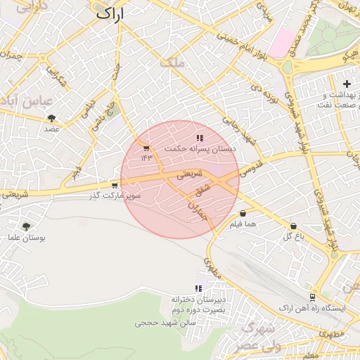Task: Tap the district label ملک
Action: pos(172,62)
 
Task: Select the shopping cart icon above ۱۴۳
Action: pos(146,148)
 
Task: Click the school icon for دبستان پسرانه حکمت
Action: pos(200,139)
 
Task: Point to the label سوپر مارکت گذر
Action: pos(115,195)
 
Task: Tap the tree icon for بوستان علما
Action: pos(27,226)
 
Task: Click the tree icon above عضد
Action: pos(51,119)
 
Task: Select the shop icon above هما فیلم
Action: pos(243,214)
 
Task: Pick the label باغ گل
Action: pos(292,236)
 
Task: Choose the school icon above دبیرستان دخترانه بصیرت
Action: pos(199,288)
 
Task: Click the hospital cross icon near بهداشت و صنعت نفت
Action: pos(347,84)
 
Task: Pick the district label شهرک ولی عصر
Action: pos(259,337)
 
